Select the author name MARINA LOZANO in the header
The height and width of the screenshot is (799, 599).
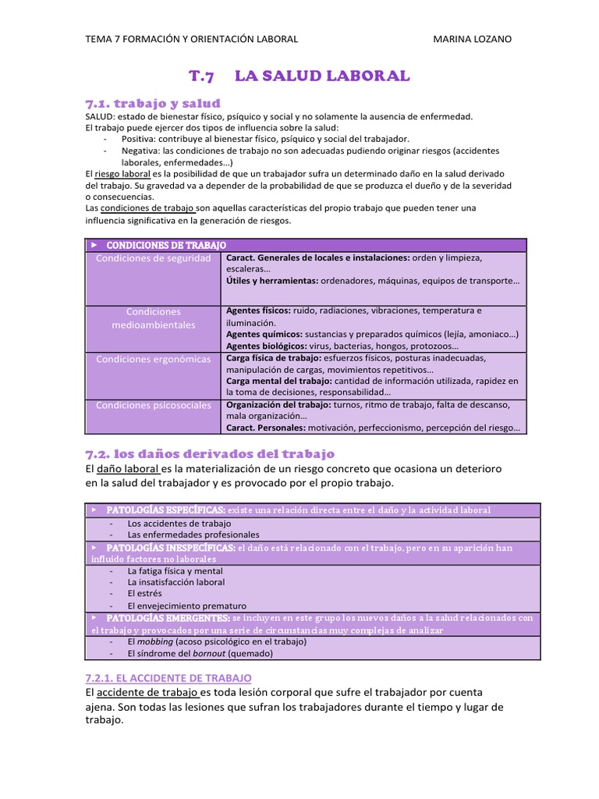tap(472, 39)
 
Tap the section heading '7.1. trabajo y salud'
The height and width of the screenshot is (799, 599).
tap(152, 103)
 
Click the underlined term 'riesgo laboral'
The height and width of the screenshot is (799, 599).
tap(122, 173)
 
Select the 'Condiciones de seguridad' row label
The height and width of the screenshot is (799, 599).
tap(153, 257)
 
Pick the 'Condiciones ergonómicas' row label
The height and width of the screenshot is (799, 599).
tap(153, 359)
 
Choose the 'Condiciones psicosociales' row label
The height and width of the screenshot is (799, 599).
tap(153, 405)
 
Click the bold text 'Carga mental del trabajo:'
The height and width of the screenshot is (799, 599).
tap(276, 381)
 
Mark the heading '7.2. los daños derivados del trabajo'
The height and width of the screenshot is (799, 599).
tap(209, 453)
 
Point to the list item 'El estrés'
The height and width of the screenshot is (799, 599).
tap(144, 593)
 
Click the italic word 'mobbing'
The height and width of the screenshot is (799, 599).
tap(152, 641)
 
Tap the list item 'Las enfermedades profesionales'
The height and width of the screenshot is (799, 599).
tap(193, 534)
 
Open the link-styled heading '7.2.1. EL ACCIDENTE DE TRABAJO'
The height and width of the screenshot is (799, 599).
tap(168, 678)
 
